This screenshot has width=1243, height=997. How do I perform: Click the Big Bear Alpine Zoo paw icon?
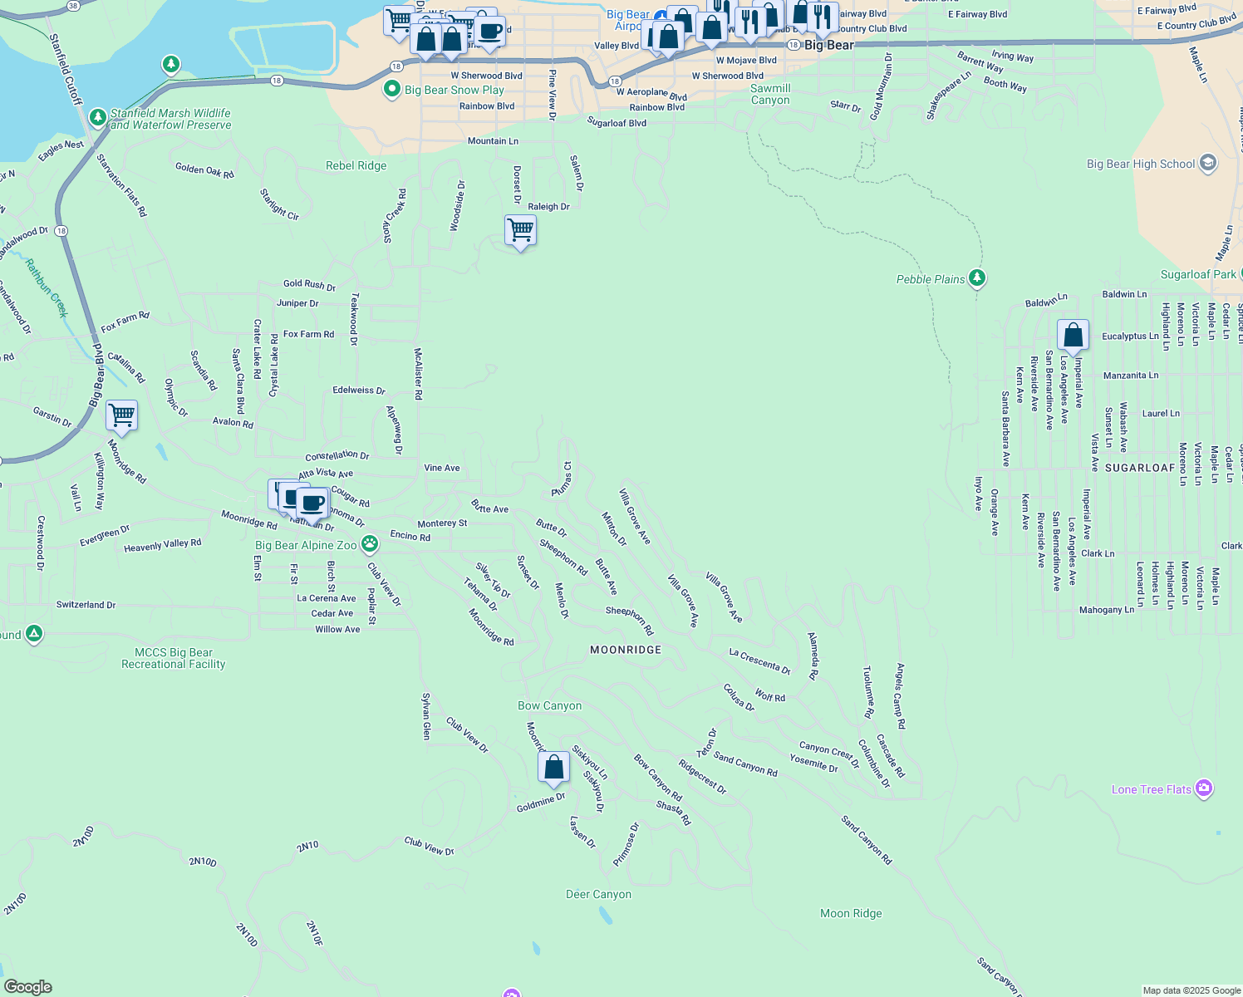coord(370,545)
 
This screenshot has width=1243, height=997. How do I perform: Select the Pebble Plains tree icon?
coord(977,278)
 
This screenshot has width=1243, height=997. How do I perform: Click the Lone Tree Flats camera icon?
coord(1204,788)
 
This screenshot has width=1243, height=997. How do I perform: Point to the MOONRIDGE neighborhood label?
coord(626,650)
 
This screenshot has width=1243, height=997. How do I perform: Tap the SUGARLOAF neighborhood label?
coord(1140,468)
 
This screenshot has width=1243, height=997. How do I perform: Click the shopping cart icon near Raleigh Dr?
coord(520,230)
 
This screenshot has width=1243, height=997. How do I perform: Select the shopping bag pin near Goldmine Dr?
coord(553,767)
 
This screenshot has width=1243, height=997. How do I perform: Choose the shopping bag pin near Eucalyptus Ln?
coord(1073,336)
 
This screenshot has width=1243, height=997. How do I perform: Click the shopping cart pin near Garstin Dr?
coord(121,415)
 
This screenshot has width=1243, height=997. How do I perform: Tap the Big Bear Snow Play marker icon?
coord(392,90)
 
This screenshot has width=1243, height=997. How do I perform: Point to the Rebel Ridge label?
coord(356,166)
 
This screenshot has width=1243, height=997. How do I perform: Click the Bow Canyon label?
coord(549,706)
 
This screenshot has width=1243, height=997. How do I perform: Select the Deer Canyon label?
coord(598,895)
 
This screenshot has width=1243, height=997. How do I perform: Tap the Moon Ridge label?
coord(851,914)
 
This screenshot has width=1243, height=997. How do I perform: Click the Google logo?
coord(28,986)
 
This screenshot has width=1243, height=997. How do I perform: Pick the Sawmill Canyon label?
coord(770,95)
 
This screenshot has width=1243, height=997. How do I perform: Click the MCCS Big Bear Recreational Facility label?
coord(173,658)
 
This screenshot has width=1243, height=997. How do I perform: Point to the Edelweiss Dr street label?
coord(359,390)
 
